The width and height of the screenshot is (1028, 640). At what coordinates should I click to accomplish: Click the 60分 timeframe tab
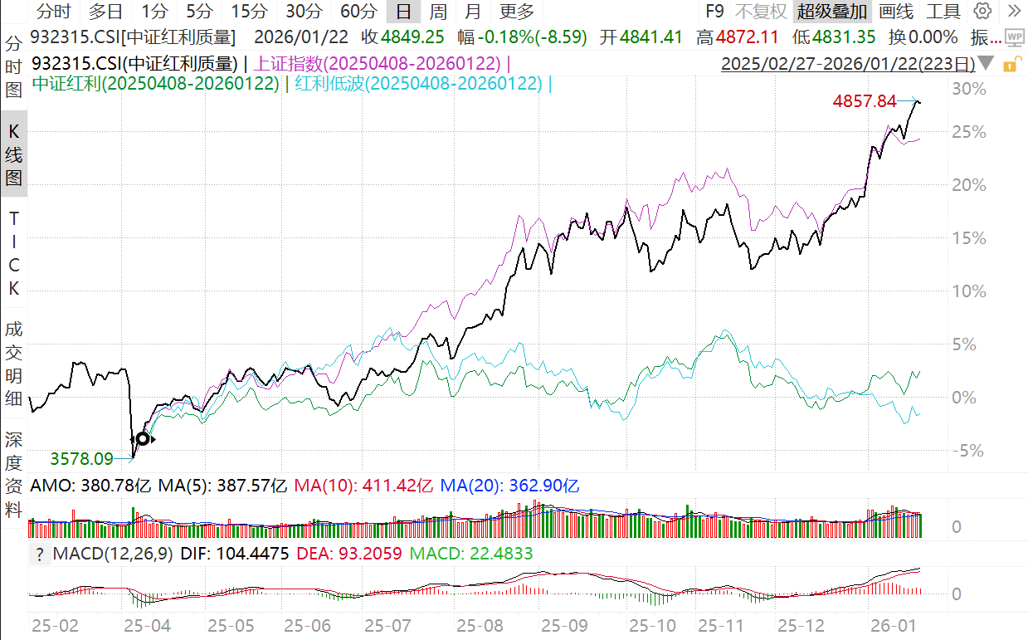[358, 11]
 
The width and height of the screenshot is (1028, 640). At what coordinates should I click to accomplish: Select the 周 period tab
[438, 11]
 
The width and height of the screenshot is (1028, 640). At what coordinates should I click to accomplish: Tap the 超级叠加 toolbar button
[832, 11]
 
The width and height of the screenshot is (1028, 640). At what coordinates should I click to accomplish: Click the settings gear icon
[982, 11]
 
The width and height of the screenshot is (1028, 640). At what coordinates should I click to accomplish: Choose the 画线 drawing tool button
[896, 11]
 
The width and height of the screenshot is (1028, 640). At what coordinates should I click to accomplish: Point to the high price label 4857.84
[864, 101]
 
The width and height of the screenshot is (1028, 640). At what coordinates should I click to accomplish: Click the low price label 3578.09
[81, 458]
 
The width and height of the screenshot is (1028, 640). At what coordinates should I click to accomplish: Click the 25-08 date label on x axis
[474, 624]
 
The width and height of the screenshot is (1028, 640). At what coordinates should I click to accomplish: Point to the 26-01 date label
[887, 624]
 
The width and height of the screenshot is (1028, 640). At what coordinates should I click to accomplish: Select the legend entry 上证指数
[377, 64]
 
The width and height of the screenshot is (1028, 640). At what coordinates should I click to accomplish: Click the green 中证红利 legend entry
[155, 83]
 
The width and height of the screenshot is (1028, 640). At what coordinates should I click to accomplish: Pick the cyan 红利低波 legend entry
[420, 83]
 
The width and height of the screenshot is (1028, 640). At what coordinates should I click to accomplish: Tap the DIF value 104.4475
[248, 554]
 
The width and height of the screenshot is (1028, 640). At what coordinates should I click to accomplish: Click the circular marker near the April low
[143, 438]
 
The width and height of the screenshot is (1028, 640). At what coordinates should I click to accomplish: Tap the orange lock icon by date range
[1010, 64]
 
